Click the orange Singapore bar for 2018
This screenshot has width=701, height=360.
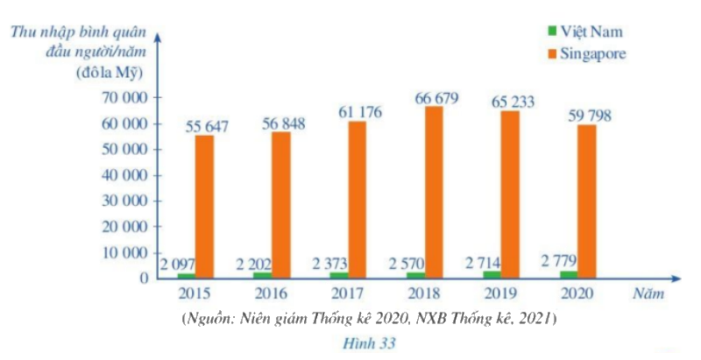[433, 192]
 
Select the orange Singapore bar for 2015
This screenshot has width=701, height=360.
[205, 207]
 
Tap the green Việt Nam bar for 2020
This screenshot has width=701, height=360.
[566, 274]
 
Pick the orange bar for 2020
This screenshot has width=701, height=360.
[586, 201]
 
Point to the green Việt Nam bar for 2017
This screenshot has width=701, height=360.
[336, 275]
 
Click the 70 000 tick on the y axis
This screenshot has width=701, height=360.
[121, 98]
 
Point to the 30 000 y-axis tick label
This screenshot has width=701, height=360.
[121, 201]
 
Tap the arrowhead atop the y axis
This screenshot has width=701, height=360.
[157, 37]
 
